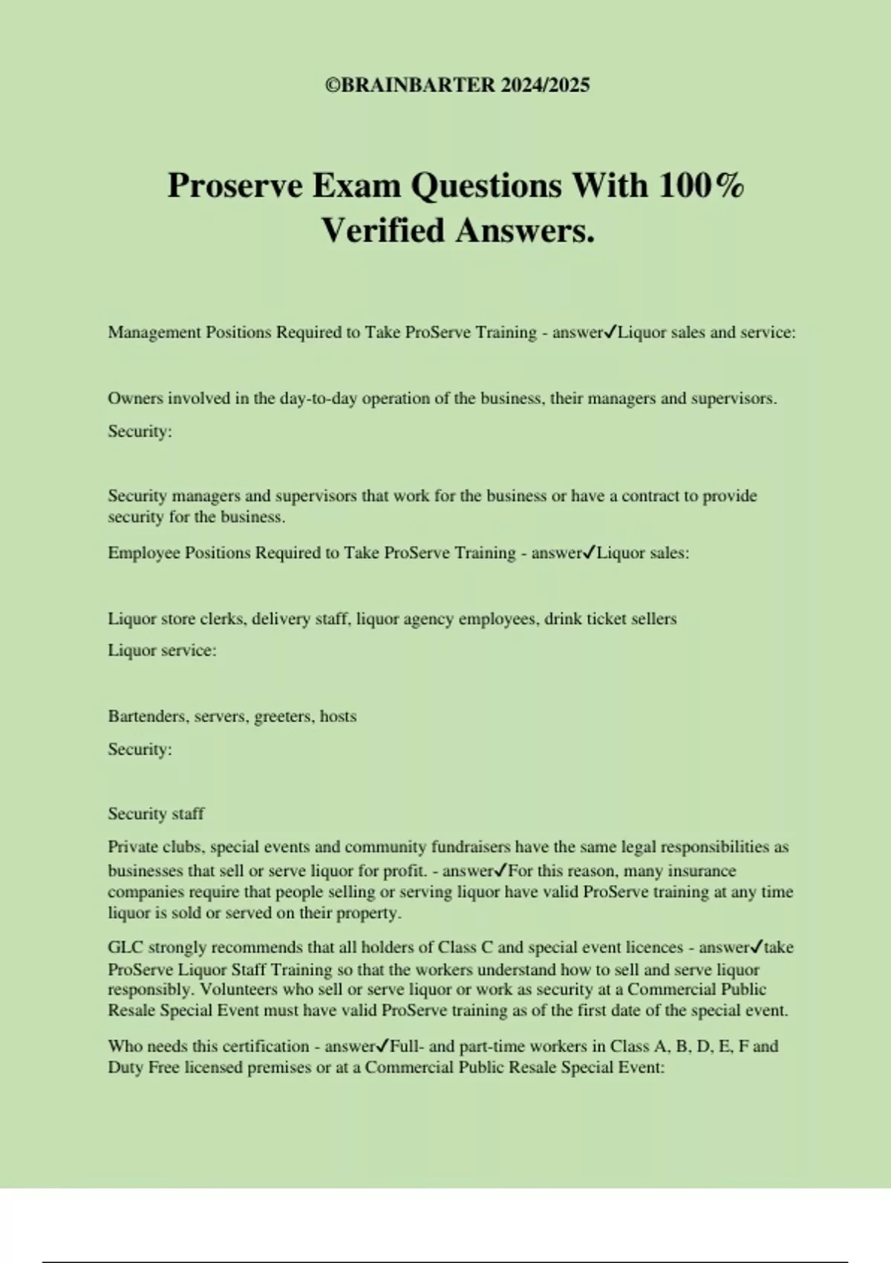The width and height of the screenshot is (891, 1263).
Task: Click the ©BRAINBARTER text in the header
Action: click(x=410, y=85)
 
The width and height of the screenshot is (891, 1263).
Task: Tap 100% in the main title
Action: click(x=701, y=185)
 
